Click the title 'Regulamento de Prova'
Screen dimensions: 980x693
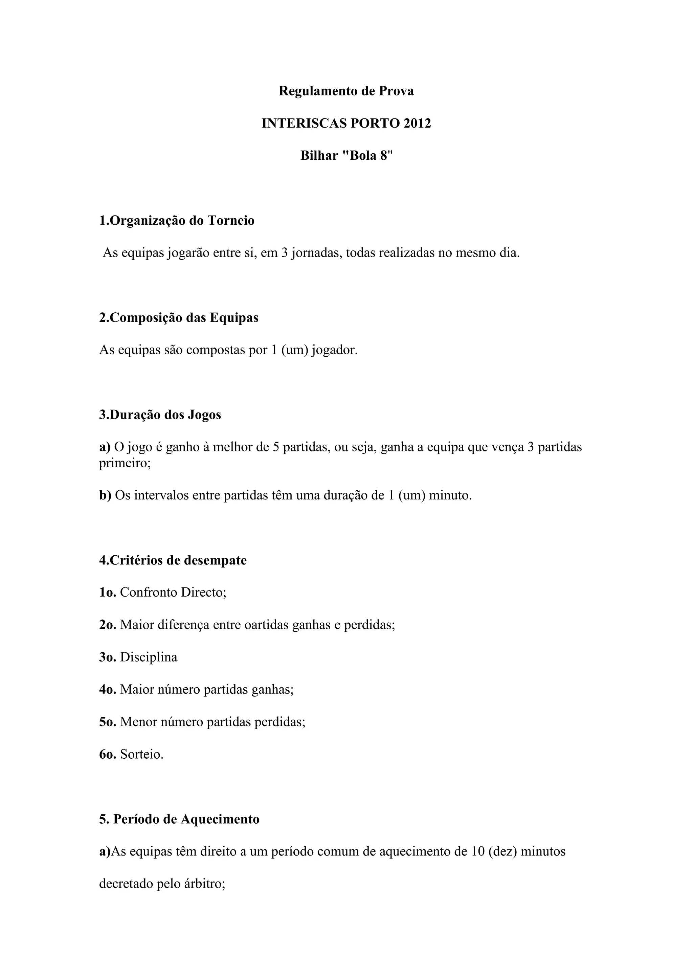pos(346,91)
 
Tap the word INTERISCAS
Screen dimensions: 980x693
pos(304,124)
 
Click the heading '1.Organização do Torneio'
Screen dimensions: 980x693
pos(177,221)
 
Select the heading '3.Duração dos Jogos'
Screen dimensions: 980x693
pos(160,415)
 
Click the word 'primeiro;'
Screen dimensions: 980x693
pos(125,464)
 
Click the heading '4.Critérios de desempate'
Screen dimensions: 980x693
pos(173,560)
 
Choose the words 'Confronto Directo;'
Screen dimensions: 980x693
pos(173,593)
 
